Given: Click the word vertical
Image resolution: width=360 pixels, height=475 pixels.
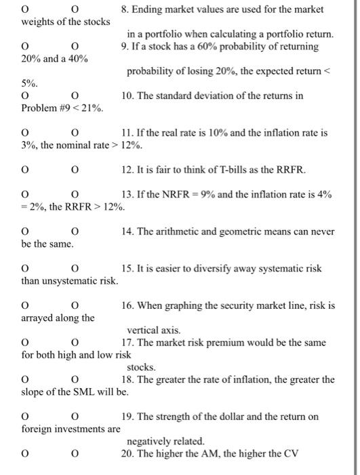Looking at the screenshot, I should pos(146,330).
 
